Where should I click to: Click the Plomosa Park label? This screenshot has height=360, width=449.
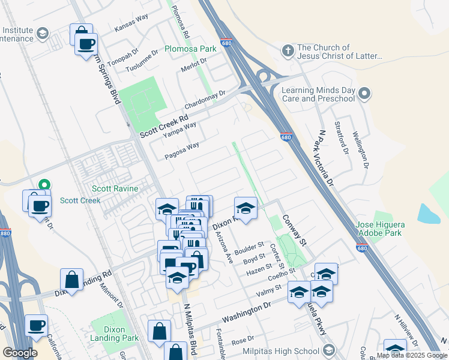click(x=191, y=48)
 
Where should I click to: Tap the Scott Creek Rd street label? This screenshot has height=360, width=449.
click(x=164, y=127)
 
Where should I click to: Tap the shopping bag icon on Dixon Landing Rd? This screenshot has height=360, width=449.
click(x=71, y=280)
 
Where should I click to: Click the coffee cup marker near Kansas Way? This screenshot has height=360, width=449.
click(x=86, y=43)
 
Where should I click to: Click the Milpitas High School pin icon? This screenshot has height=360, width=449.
click(x=328, y=350)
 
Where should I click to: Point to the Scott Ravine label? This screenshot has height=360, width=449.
click(x=115, y=188)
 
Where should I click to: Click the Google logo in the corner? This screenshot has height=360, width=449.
click(x=20, y=353)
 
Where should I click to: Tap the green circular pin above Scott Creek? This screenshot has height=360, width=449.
click(x=43, y=186)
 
